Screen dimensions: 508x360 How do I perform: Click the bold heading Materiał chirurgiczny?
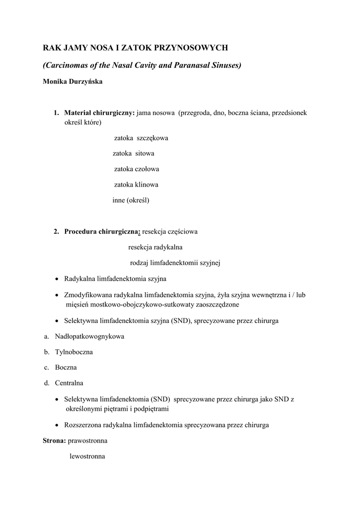(x=99, y=113)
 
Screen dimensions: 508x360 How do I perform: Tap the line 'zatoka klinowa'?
(x=136, y=185)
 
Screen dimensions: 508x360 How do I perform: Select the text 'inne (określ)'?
(x=131, y=200)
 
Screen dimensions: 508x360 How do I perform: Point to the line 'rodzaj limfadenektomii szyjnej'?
(x=175, y=263)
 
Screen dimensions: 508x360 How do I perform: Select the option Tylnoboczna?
(x=73, y=352)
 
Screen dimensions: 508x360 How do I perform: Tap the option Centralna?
(x=69, y=383)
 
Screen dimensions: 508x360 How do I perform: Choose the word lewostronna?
(x=87, y=456)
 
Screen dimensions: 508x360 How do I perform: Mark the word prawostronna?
(x=87, y=441)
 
